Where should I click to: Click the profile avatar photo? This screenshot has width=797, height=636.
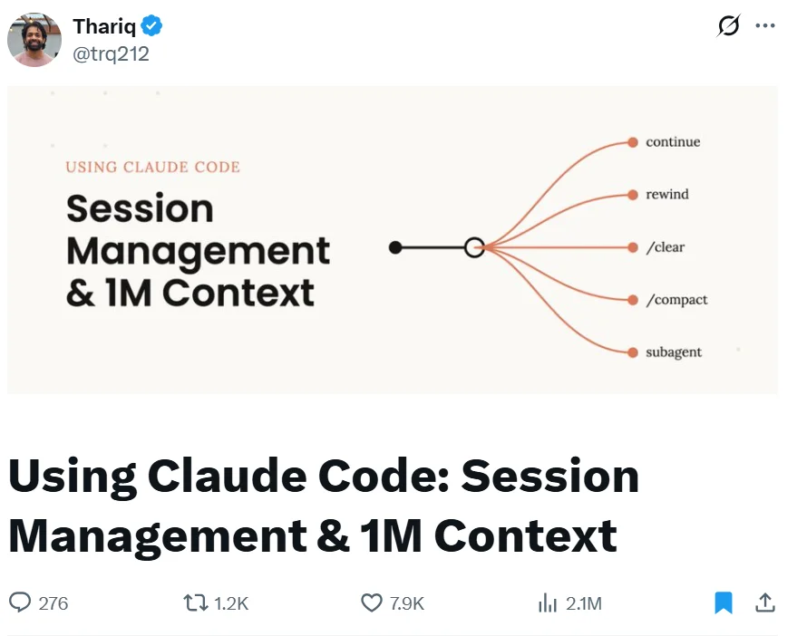pyautogui.click(x=34, y=40)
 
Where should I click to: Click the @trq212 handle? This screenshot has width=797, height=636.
pyautogui.click(x=111, y=54)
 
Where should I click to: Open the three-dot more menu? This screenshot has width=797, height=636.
pyautogui.click(x=765, y=26)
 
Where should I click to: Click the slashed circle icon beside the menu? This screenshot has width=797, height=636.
pyautogui.click(x=728, y=26)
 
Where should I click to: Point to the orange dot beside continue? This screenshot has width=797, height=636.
pyautogui.click(x=632, y=142)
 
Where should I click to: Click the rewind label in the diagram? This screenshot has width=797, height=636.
pyautogui.click(x=667, y=195)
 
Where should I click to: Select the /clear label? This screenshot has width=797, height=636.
pyautogui.click(x=665, y=247)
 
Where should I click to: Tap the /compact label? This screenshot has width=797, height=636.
pyautogui.click(x=676, y=300)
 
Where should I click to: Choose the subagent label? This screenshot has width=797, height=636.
pyautogui.click(x=674, y=352)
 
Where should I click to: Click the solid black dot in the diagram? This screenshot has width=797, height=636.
pyautogui.click(x=394, y=247)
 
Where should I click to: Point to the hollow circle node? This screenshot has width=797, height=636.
pyautogui.click(x=473, y=247)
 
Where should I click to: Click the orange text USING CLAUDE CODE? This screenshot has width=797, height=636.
pyautogui.click(x=152, y=168)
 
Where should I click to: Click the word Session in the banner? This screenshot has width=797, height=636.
pyautogui.click(x=140, y=209)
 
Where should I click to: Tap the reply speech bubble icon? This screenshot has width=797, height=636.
pyautogui.click(x=20, y=602)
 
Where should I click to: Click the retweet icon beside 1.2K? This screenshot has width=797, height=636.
pyautogui.click(x=195, y=602)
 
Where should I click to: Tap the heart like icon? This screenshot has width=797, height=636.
pyautogui.click(x=372, y=602)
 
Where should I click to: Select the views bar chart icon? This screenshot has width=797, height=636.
pyautogui.click(x=548, y=602)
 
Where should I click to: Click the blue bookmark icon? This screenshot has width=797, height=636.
pyautogui.click(x=723, y=602)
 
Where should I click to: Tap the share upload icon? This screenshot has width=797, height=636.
pyautogui.click(x=765, y=602)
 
